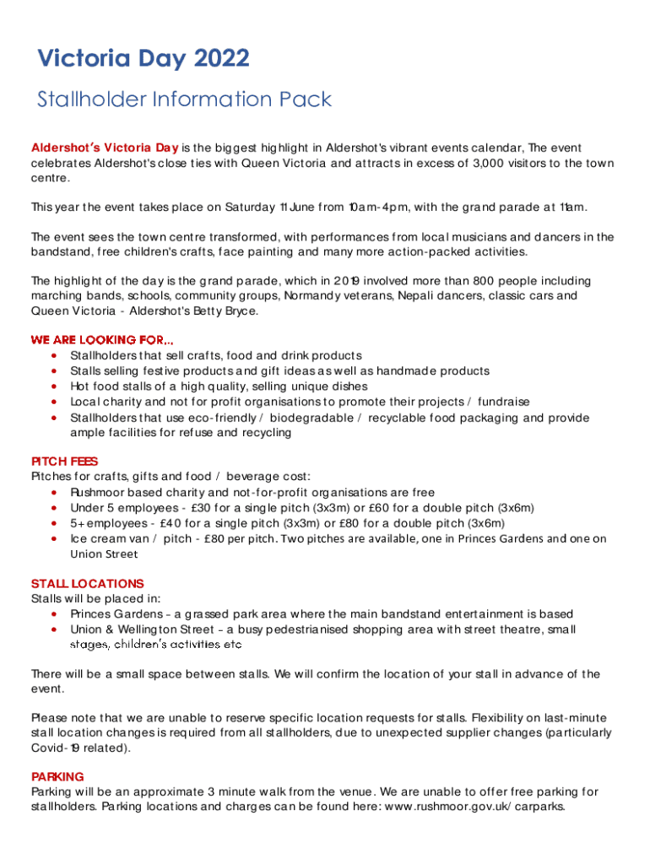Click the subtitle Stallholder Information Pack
184,100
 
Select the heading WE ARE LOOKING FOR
102,339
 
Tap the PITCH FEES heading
64,462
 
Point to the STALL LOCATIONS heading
87,583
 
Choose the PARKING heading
57,776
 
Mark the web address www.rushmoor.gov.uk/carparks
482,807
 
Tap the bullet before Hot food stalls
55,386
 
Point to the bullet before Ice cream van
55,538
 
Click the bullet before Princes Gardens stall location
55,614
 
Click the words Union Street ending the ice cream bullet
104,554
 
